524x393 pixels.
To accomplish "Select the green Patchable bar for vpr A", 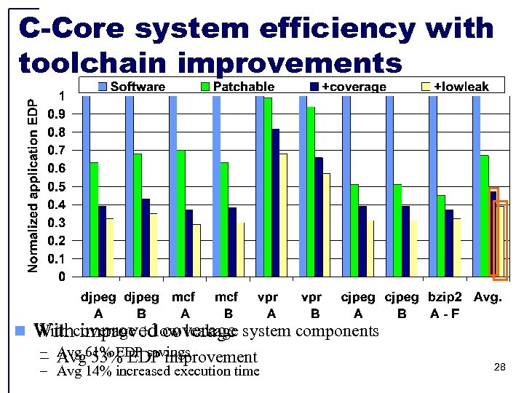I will pyautogui.click(x=268, y=187).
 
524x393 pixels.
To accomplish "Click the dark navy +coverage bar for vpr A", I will pyautogui.click(x=275, y=202).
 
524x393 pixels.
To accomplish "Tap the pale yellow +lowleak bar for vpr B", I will pyautogui.click(x=327, y=225).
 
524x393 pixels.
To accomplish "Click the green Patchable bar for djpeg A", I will pyautogui.click(x=94, y=219).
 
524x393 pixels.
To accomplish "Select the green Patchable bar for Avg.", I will pyautogui.click(x=485, y=215).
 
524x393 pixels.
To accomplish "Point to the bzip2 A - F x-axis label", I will pyautogui.click(x=445, y=306).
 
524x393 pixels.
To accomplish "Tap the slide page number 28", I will pyautogui.click(x=499, y=368).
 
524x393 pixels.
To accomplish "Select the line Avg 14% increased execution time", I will pyautogui.click(x=159, y=371).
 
